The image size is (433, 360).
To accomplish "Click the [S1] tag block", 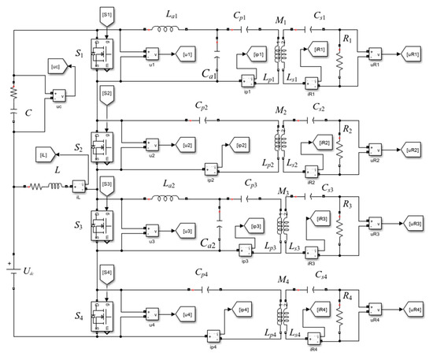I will point(107,16).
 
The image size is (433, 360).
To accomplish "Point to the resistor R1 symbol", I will point(339,58).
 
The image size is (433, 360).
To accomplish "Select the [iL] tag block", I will point(43,155).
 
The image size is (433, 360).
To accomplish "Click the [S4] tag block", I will point(107,273).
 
